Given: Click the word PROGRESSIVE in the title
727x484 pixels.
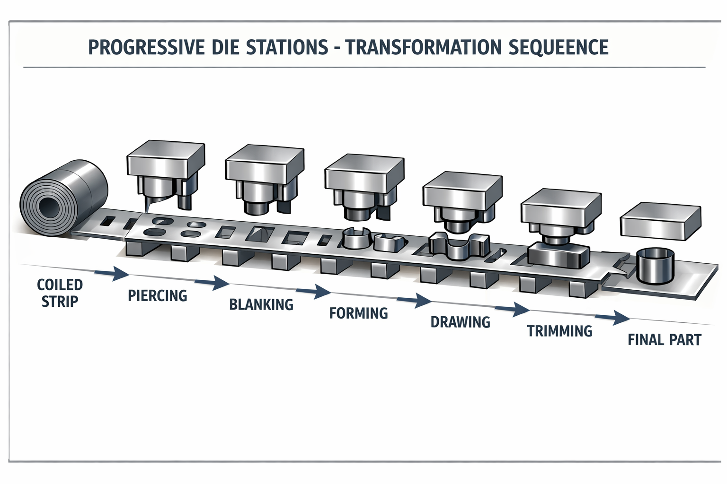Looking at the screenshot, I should point(146,48).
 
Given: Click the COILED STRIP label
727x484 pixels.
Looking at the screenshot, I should point(60,293).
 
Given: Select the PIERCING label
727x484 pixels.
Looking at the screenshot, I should point(158,296).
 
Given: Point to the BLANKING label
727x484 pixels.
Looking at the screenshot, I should point(261,304).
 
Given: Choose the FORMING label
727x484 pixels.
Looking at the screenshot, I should point(358,313).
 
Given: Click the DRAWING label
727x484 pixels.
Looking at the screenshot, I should point(460,322).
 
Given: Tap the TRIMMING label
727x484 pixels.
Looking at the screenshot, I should point(559,331).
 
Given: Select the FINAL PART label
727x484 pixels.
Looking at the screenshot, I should point(664,340).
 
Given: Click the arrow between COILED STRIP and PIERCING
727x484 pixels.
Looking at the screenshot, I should point(112,273).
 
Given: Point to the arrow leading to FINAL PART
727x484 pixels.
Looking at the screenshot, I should point(613,318).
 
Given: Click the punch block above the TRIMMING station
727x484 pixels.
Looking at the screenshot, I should point(561,208).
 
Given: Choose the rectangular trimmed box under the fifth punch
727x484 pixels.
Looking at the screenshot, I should point(559,255).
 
